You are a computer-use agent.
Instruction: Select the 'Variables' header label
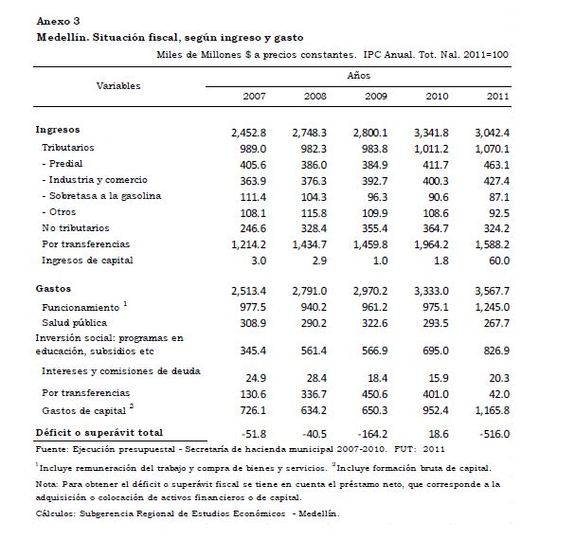tap(118, 85)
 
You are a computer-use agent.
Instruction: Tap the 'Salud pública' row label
tap(79, 324)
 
